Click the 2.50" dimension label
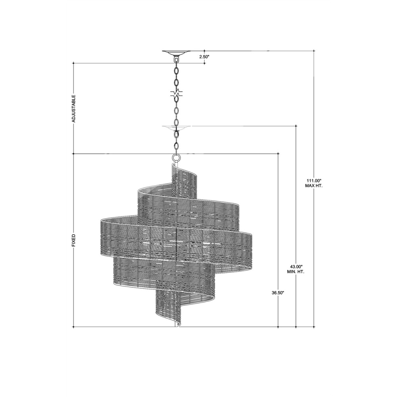pyautogui.click(x=204, y=57)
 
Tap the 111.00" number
pyautogui.click(x=314, y=181)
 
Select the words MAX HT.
pyautogui.click(x=314, y=185)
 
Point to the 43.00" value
pyautogui.click(x=296, y=267)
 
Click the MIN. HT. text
pyautogui.click(x=296, y=272)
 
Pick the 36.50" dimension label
pyautogui.click(x=278, y=293)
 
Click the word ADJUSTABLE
pyautogui.click(x=74, y=109)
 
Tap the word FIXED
pyautogui.click(x=74, y=240)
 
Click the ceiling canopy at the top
pyautogui.click(x=177, y=53)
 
